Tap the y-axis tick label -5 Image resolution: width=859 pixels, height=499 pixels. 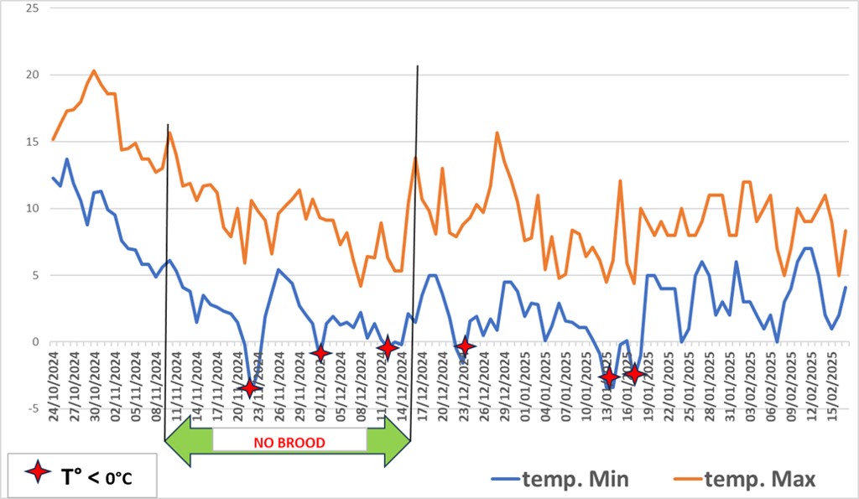coord(34,408)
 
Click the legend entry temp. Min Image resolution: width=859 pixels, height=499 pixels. coord(575,479)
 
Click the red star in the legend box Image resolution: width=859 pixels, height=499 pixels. coord(38,475)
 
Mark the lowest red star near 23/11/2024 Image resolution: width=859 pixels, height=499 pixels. coord(249,387)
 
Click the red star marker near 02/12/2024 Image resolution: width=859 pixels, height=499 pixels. coord(320,353)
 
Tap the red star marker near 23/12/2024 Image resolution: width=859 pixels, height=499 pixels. coord(465,346)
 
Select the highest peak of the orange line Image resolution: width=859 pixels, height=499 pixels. coord(93,70)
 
